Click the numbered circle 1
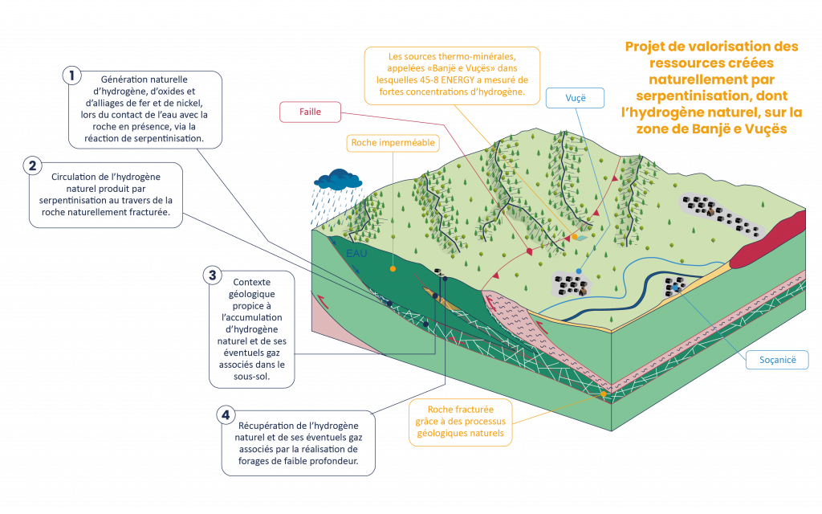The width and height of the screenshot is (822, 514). tap(73, 75)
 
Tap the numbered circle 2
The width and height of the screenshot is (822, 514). tap(33, 166)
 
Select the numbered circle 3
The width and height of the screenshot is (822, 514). tap(212, 275)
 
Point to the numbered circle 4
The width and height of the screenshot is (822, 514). tap(226, 415)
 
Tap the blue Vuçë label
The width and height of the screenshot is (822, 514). tap(574, 98)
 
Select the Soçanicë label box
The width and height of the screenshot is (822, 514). tap(777, 360)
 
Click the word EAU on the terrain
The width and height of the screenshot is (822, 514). tap(356, 254)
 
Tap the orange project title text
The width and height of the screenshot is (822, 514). tap(711, 87)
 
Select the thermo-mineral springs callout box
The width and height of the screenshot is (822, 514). tap(451, 75)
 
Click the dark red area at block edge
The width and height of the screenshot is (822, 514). tap(767, 239)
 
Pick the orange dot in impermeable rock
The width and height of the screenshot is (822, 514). tap(393, 268)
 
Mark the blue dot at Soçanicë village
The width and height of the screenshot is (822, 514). tap(676, 286)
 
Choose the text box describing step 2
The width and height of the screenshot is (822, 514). tap(106, 195)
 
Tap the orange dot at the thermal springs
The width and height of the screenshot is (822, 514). tap(574, 237)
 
